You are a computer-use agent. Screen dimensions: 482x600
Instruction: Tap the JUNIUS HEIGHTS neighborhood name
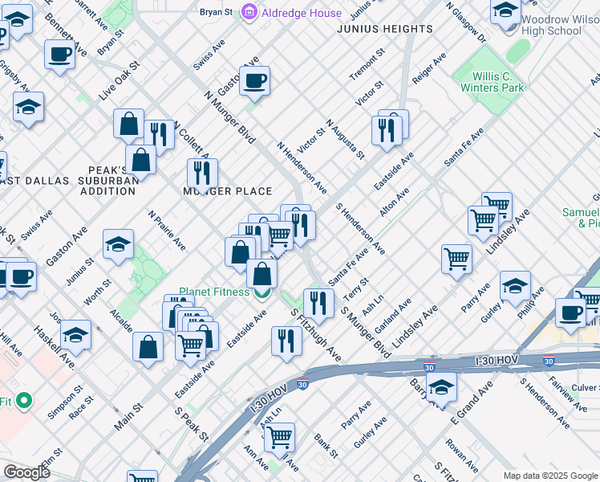click(385, 29)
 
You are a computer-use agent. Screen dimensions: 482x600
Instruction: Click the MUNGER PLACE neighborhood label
click(228, 191)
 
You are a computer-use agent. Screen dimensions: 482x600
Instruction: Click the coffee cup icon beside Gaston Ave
click(254, 80)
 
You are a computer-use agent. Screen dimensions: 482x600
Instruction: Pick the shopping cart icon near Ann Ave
click(278, 437)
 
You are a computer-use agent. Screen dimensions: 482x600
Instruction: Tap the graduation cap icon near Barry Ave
click(440, 386)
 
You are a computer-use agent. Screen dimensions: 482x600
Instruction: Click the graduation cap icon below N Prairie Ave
click(118, 244)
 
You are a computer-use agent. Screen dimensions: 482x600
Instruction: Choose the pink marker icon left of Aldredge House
click(249, 13)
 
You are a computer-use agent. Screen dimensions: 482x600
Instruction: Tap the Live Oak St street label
click(120, 79)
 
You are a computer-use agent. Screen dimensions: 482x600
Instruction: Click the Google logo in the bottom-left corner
click(26, 472)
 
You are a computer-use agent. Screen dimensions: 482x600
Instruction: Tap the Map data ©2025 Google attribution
click(550, 476)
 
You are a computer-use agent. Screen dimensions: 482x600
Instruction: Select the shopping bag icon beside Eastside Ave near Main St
click(148, 348)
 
